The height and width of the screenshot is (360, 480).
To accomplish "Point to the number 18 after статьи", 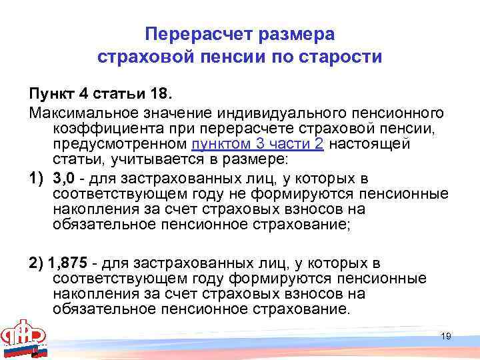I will click(150, 91).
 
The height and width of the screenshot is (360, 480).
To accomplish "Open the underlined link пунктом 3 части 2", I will click(257, 144).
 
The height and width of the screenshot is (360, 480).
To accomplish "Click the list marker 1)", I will click(35, 179).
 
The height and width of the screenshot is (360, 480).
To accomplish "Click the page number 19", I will click(446, 336).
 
